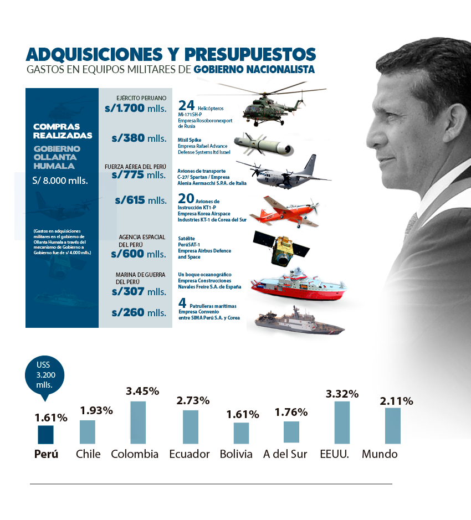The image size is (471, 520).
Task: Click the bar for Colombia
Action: point(138,422)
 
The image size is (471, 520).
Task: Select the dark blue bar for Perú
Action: point(45,434)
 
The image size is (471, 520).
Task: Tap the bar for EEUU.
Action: point(342,422)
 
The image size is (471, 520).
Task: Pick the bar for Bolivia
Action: point(241,433)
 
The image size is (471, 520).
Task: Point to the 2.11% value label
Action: point(396,401)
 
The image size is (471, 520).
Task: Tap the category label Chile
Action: point(88,454)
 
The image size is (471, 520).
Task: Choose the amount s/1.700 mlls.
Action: point(135,109)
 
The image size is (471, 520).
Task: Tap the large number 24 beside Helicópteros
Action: point(186,105)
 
